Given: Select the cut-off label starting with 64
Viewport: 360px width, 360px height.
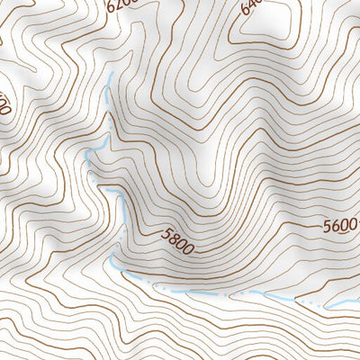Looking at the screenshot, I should point(252,9).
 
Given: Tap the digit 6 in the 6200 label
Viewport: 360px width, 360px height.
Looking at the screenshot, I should point(112,7).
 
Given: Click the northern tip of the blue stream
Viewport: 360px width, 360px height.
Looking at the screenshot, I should point(108,79).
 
